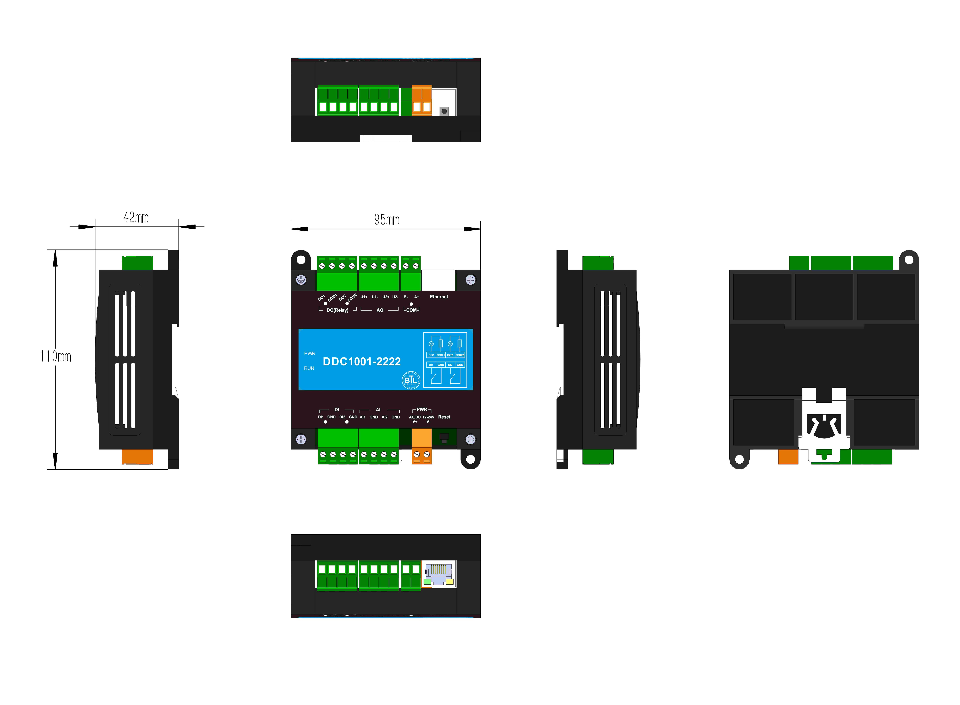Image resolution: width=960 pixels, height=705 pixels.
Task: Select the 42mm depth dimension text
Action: pos(136,218)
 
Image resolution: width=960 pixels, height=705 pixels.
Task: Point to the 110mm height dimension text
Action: pos(55,356)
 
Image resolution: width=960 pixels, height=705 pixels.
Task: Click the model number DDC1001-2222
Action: pos(361,362)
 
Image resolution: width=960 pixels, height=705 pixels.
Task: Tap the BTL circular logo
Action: pos(411,380)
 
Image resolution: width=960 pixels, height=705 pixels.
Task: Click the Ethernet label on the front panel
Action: pos(439,297)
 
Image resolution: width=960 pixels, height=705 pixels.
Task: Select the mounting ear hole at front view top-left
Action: pos(301,259)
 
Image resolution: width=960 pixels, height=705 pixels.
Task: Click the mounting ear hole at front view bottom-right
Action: pos(470,459)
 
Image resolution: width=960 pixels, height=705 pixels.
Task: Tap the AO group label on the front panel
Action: pos(380,310)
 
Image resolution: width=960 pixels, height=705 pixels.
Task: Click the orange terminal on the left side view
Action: pos(137,457)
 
